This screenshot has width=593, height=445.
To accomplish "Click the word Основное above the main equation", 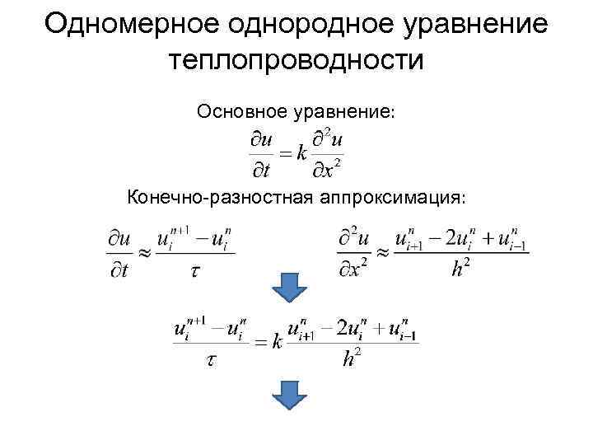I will (x=239, y=110).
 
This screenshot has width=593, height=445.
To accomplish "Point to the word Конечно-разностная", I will (x=217, y=197).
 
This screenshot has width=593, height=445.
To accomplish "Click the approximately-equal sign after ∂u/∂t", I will (x=142, y=254).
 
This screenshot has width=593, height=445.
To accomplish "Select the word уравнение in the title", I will (x=475, y=24).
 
